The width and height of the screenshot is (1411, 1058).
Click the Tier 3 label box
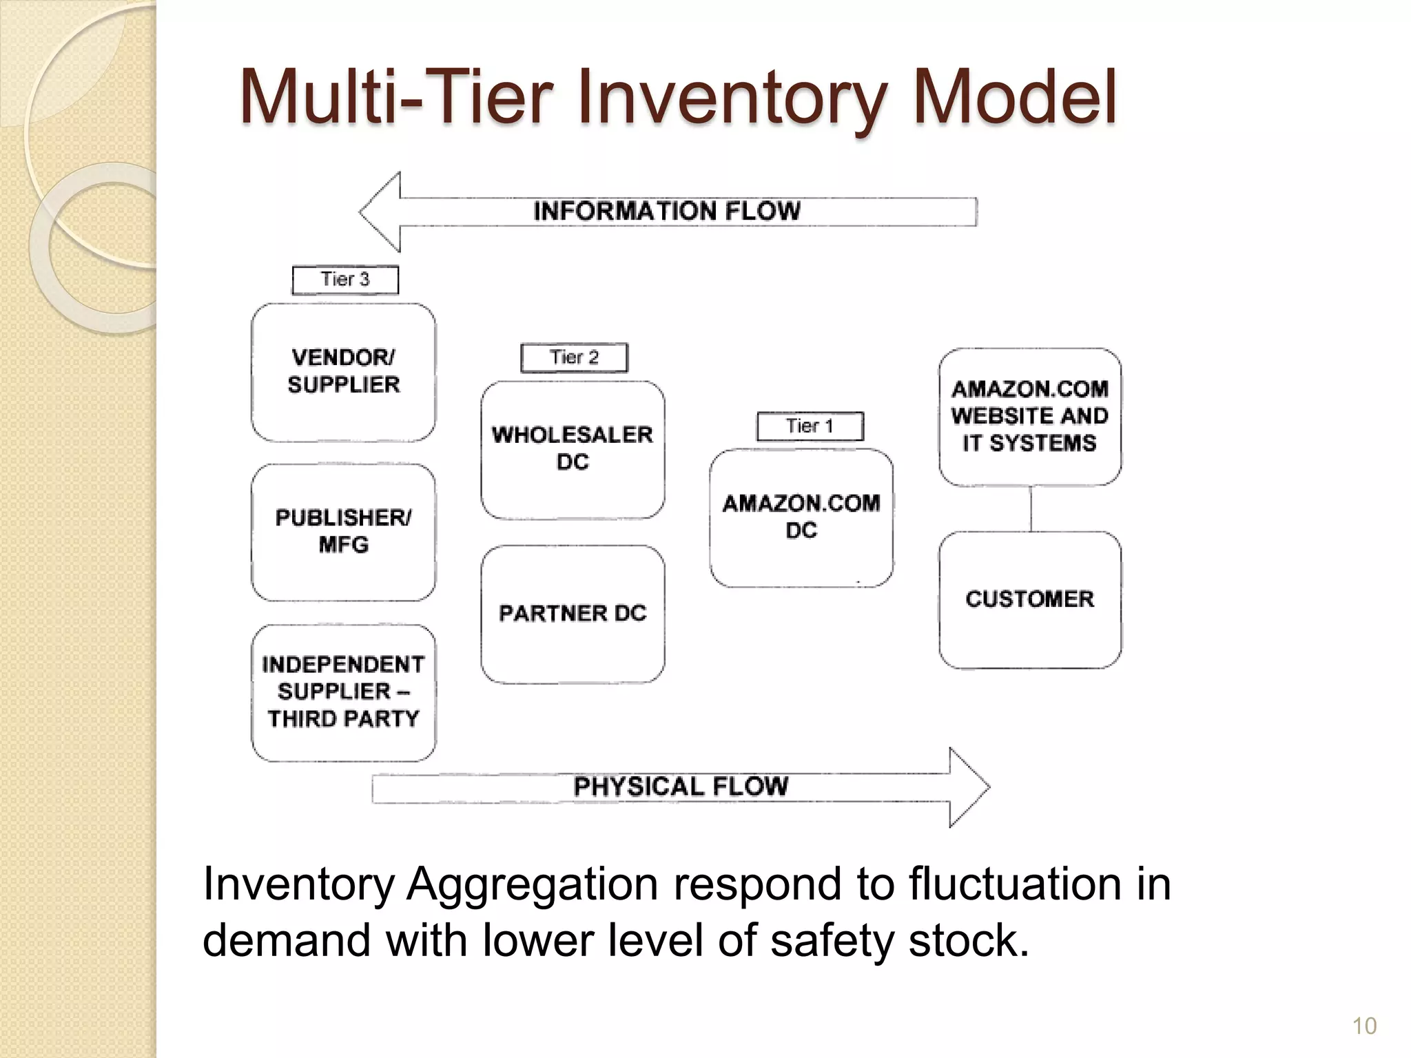pos(345,280)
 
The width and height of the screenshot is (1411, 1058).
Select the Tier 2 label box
pos(574,357)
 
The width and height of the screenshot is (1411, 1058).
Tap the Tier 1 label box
pos(810,426)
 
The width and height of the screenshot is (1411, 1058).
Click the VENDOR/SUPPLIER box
pos(343,372)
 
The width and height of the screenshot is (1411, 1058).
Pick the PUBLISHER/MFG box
pos(343,532)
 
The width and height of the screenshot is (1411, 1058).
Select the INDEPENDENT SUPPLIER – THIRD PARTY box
pos(343,692)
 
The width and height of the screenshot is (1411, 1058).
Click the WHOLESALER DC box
pos(573,449)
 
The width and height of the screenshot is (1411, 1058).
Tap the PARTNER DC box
pos(573,614)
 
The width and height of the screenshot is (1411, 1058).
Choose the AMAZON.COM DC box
pos(801,517)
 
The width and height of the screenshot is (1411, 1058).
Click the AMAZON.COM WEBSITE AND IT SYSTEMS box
pos(1029,417)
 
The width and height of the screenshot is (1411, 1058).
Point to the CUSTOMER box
pos(1029,599)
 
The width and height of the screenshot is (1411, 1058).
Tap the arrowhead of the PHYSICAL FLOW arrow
pos(968,787)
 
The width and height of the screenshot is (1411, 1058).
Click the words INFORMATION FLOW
pos(667,211)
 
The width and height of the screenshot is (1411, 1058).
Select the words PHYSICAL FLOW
pos(681,787)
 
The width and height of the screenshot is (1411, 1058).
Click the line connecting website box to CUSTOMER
pos(1031,509)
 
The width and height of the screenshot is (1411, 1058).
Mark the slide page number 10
pos(1364,1026)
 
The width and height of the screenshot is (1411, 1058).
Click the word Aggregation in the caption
pos(531,884)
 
